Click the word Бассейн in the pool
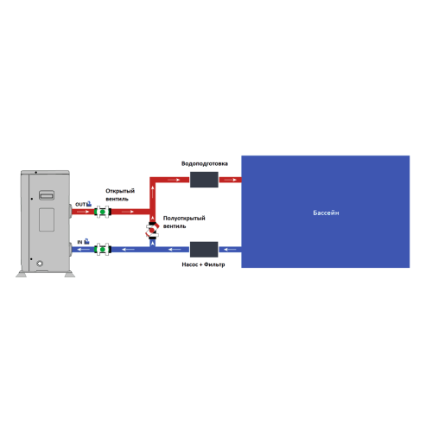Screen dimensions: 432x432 [x=326, y=213]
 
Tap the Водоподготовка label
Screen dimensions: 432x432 [x=205, y=163]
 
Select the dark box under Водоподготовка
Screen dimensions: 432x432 [x=204, y=180]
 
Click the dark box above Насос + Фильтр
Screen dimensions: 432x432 [x=204, y=250]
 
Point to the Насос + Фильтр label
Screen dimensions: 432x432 [x=203, y=264]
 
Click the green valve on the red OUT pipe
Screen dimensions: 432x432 [x=103, y=212]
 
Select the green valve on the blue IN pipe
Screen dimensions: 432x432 [x=103, y=249]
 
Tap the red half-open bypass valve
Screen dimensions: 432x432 [x=152, y=231]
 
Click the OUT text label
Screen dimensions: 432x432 [x=80, y=205]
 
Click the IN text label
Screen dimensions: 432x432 [x=79, y=242]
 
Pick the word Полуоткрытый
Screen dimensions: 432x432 [x=184, y=218]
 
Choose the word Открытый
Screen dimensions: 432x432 [x=120, y=191]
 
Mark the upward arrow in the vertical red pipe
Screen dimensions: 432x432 [x=152, y=193]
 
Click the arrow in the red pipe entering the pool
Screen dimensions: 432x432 [x=231, y=180]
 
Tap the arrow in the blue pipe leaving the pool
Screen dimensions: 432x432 [x=230, y=249]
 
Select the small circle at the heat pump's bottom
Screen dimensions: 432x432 [x=40, y=264]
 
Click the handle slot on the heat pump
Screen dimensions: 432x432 [x=47, y=195]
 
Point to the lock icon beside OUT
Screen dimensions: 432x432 [x=89, y=204]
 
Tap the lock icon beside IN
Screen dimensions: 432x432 [x=86, y=242]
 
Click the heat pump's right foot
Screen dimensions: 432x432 [x=70, y=275]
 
